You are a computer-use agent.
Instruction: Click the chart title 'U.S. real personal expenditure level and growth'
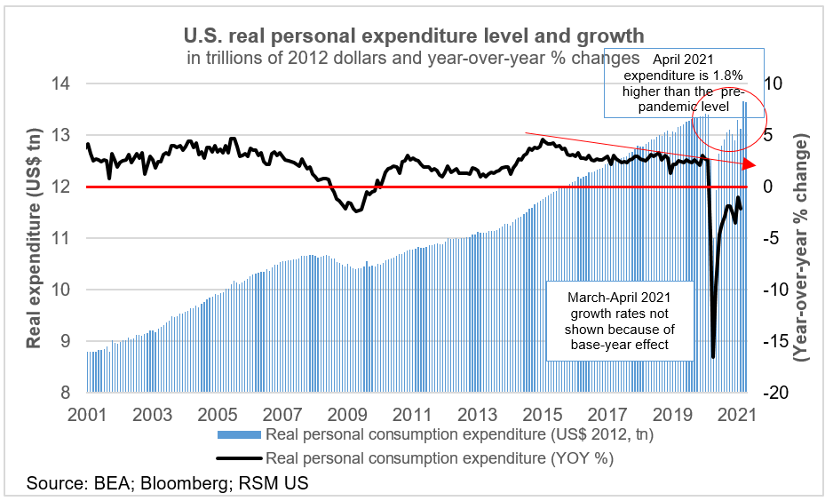point(413,36)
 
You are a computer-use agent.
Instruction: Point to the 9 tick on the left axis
point(65,342)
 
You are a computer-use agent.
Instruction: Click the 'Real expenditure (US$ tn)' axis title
point(34,240)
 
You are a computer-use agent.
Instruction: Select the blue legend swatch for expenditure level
point(240,434)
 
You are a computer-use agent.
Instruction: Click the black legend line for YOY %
point(240,458)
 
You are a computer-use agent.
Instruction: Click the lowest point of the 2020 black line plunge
point(713,357)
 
